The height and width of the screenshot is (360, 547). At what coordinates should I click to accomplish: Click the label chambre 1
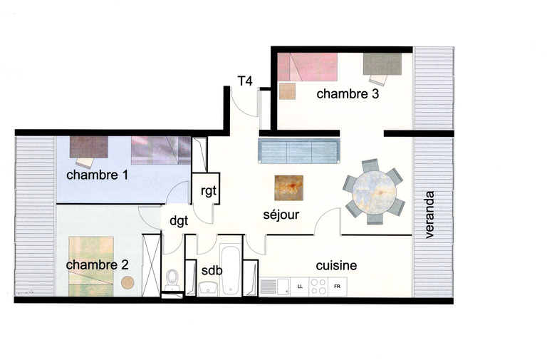tap(97, 175)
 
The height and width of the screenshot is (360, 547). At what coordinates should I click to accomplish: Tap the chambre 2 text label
tap(97, 264)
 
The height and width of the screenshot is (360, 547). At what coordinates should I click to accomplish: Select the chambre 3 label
tap(348, 93)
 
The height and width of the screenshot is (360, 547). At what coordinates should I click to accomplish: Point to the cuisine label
tap(336, 265)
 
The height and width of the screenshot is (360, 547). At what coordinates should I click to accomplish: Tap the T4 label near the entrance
tap(244, 81)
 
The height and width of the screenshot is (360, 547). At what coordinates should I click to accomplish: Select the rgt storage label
tap(208, 191)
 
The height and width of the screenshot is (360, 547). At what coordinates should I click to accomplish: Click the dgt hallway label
tap(178, 221)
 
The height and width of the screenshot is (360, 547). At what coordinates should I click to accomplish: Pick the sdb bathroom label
tap(211, 271)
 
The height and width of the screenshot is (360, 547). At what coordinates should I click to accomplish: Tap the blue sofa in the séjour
tap(298, 150)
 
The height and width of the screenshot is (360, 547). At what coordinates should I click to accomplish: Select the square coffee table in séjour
tap(288, 188)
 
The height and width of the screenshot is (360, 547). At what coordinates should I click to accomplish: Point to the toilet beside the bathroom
tap(172, 279)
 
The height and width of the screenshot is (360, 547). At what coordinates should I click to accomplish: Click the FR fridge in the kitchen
tap(337, 287)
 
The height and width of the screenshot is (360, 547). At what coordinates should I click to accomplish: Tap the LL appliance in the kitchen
tap(299, 287)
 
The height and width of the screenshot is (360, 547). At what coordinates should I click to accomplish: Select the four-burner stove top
tap(318, 287)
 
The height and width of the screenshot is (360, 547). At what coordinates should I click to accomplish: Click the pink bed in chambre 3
tap(306, 66)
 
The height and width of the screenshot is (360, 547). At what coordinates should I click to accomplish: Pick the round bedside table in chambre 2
tap(127, 282)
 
